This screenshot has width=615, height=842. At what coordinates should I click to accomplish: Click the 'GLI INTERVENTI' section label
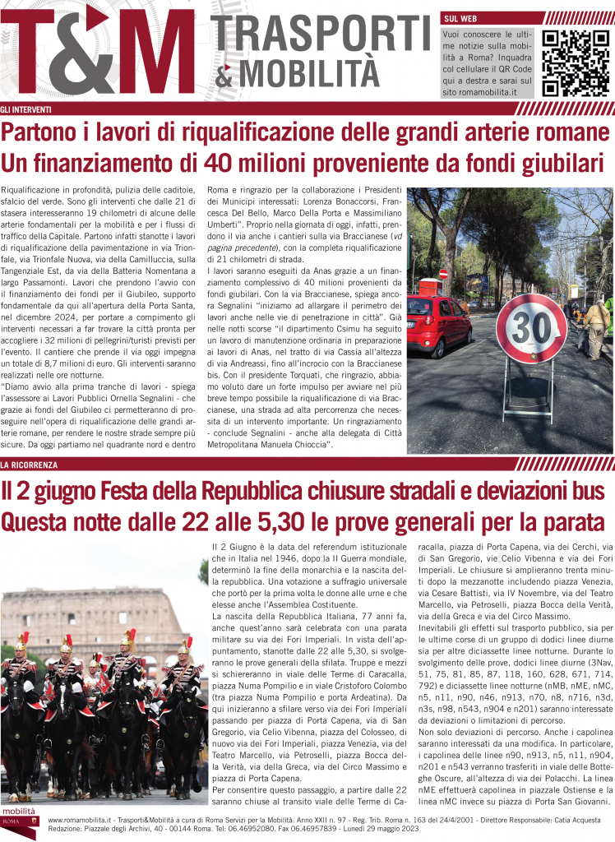click(x=26, y=109)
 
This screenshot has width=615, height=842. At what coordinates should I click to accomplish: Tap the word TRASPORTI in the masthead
click(x=322, y=35)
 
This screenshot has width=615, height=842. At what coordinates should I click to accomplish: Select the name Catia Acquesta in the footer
click(x=580, y=820)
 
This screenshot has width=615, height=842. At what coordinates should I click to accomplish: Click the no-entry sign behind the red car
click(x=444, y=273)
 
